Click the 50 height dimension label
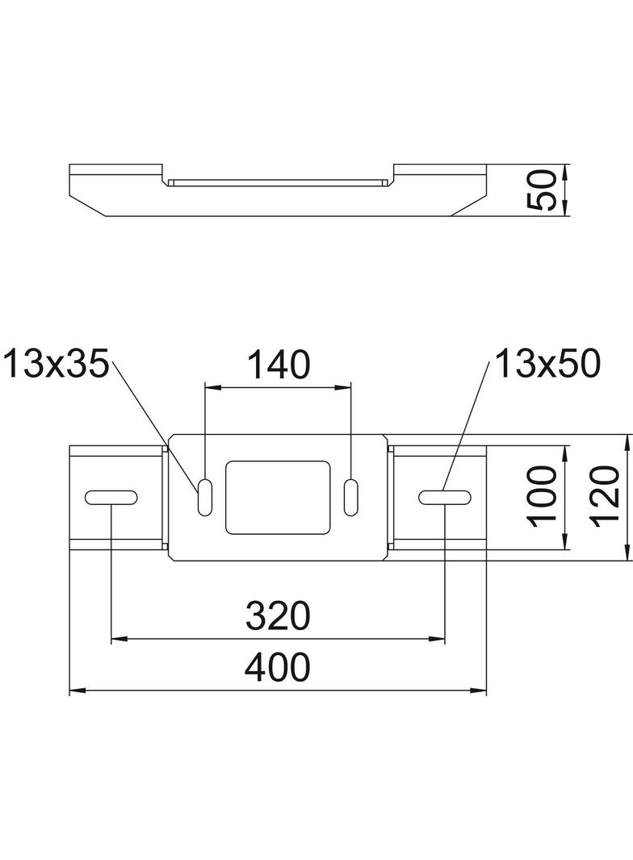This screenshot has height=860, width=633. pyautogui.click(x=542, y=190)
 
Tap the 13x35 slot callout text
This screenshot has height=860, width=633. pyautogui.click(x=56, y=365)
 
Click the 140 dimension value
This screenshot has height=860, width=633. pyautogui.click(x=279, y=365)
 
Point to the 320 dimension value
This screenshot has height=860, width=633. pyautogui.click(x=278, y=616)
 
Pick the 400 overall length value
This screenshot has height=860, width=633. pyautogui.click(x=278, y=667)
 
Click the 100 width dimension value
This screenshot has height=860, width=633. pyautogui.click(x=543, y=497)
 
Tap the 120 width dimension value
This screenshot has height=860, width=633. pyautogui.click(x=606, y=497)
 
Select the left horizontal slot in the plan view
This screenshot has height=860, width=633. pyautogui.click(x=111, y=498)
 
